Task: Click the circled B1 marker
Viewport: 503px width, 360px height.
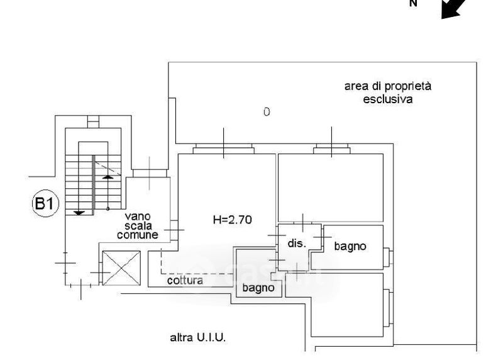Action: click(x=45, y=204)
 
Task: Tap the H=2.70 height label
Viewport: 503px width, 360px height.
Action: click(x=232, y=220)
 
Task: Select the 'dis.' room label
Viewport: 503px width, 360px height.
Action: click(x=297, y=243)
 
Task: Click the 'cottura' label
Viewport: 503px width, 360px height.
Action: click(x=185, y=280)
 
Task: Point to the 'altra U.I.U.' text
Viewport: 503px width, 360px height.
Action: click(x=198, y=337)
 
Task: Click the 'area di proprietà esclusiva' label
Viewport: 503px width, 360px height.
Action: click(x=388, y=93)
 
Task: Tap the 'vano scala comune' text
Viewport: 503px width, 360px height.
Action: click(x=138, y=225)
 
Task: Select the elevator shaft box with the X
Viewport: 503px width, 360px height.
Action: click(x=121, y=268)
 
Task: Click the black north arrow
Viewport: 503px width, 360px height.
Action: click(x=453, y=9)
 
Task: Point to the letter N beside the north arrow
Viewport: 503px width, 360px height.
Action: click(x=414, y=4)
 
